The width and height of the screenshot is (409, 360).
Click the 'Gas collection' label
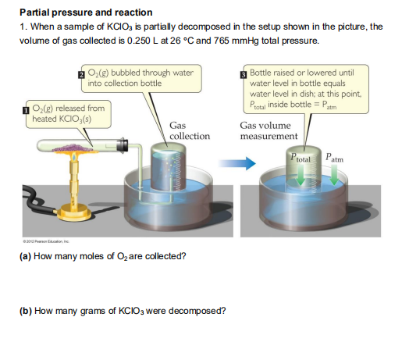click(190, 130)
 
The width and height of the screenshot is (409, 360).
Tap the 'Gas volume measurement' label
click(269, 130)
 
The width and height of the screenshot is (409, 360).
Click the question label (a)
click(24, 256)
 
